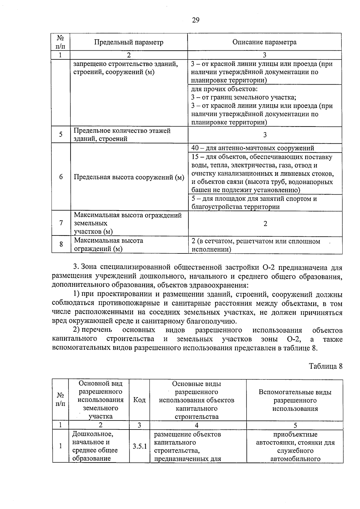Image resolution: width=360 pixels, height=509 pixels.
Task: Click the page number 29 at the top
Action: tap(195, 20)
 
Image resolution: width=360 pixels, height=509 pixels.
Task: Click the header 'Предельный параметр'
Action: tap(129, 42)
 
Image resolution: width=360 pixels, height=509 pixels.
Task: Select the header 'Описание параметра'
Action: tap(264, 42)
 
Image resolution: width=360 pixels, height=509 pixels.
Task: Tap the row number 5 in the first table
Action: tap(61, 134)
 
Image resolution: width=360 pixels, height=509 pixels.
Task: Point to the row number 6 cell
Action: tap(61, 177)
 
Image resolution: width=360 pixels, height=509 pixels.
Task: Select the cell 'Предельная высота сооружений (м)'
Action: tap(129, 177)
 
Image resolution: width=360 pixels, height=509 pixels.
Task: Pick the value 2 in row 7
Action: tap(265, 223)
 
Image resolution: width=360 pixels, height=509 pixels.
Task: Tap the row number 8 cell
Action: tap(61, 244)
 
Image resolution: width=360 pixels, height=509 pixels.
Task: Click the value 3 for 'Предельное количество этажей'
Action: tap(265, 135)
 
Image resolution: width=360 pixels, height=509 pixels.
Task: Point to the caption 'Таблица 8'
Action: tap(325, 366)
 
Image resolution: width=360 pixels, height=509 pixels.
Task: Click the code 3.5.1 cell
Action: tap(139, 446)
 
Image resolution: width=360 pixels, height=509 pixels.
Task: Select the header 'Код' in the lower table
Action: tap(139, 400)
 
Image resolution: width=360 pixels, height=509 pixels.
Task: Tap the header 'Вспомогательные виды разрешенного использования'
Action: tap(295, 400)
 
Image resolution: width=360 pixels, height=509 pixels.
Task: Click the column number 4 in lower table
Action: tap(196, 425)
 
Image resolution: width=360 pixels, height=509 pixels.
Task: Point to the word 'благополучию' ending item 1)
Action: tap(207, 321)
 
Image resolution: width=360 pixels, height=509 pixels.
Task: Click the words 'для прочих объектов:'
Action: tap(224, 89)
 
